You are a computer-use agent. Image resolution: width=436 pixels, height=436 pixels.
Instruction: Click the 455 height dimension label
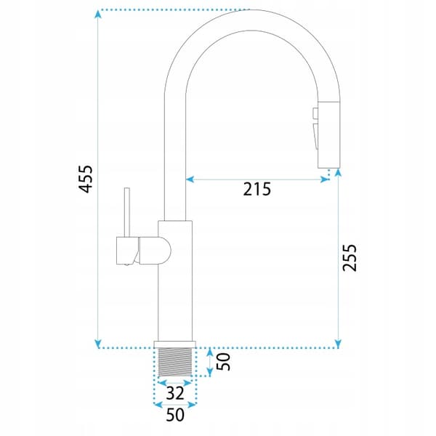86,179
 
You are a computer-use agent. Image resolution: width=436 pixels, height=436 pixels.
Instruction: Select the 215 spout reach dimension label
257,190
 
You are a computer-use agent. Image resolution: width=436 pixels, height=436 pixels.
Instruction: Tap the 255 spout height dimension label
350,257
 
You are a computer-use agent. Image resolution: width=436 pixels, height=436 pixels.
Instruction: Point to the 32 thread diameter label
175,393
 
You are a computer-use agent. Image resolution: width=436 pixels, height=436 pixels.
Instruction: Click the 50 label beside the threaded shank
223,361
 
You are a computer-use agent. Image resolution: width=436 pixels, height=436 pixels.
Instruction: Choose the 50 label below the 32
175,415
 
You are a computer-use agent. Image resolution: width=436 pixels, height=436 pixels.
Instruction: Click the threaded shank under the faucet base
175,362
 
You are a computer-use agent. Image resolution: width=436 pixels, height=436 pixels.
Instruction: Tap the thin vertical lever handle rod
126,212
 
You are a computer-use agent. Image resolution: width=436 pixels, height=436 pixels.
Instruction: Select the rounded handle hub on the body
155,250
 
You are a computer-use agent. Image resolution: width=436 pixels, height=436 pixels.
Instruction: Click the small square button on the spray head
315,113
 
